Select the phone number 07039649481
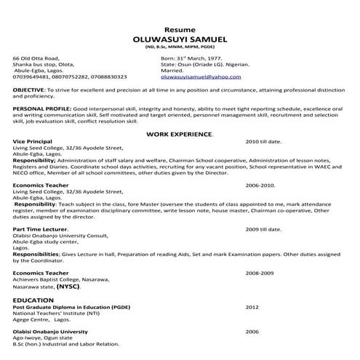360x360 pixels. pos(28,76)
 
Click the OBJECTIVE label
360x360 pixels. pos(28,89)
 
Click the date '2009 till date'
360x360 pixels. pos(263,230)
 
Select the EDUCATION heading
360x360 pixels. pos(33,300)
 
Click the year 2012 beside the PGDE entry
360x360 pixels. pos(252,307)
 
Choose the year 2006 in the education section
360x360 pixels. pos(252,331)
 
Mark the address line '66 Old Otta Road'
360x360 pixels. pos(37,56)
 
